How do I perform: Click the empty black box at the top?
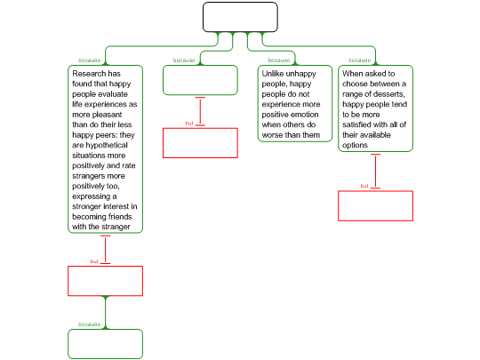pos(240,17)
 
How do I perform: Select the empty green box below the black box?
pos(200,80)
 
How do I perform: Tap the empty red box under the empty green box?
pos(200,143)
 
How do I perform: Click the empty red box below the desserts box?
pos(375,205)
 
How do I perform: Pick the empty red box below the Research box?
pos(105,281)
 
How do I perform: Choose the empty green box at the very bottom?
pos(105,344)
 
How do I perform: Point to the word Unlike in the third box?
pos(273,74)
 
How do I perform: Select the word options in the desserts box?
pos(355,146)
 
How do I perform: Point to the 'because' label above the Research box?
pos(90,60)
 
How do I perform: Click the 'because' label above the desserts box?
pos(360,60)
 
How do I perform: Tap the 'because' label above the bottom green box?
pos(90,324)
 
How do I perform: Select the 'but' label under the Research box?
pos(94,261)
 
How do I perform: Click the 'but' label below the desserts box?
pos(364,186)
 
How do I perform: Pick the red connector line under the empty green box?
pos(200,111)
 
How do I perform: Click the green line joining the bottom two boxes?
pos(105,313)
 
